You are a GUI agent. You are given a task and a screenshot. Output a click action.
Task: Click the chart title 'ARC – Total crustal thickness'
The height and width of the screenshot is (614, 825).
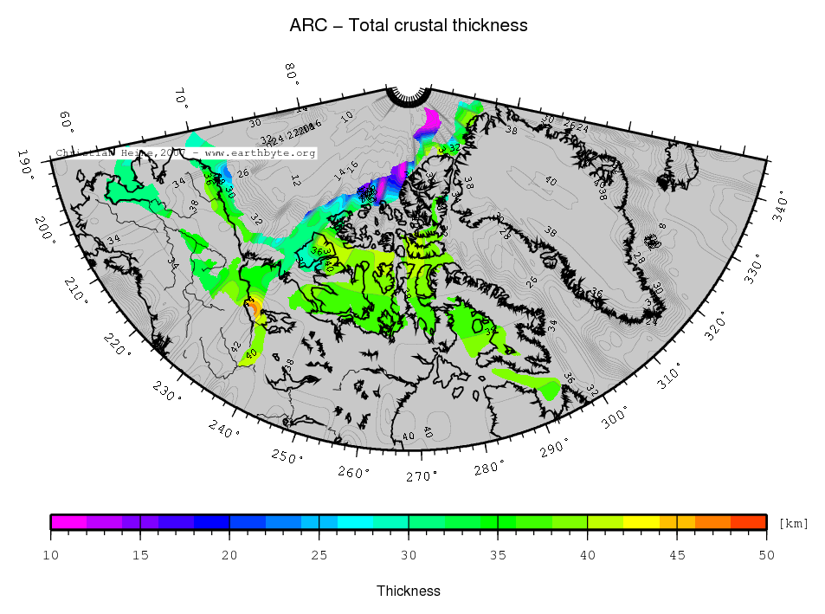tap(408, 26)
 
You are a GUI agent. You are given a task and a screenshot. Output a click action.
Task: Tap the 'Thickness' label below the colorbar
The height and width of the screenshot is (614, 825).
tap(408, 591)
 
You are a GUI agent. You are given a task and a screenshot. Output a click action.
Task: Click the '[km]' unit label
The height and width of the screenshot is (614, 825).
tap(793, 523)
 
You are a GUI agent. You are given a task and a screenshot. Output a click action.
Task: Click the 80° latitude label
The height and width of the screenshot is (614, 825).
tap(292, 75)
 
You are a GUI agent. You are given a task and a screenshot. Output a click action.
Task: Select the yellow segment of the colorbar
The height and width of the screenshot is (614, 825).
tap(641, 521)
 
